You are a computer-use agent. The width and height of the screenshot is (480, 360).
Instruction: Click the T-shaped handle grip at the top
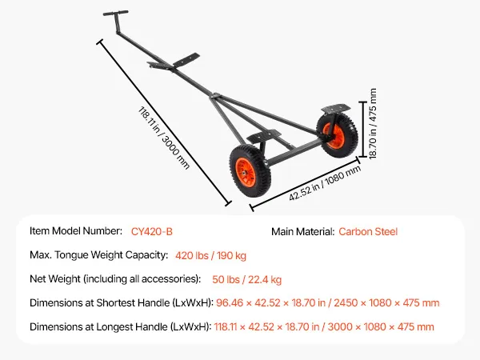pyautogui.click(x=115, y=13)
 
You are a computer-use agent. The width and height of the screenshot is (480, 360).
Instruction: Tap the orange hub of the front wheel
pyautogui.click(x=246, y=172)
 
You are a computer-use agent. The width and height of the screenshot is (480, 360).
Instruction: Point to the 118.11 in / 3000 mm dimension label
pyautogui.click(x=164, y=138)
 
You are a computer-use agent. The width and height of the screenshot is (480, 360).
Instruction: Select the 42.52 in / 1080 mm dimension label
pyautogui.click(x=325, y=183)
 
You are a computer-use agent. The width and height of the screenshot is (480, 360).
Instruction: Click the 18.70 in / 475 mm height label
pyautogui.click(x=372, y=124)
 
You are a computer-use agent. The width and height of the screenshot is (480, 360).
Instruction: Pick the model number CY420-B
pyautogui.click(x=152, y=231)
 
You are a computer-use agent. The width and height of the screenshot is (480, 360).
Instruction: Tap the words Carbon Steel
pyautogui.click(x=368, y=231)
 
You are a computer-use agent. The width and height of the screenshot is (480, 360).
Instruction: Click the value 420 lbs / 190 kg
pyautogui.click(x=210, y=255)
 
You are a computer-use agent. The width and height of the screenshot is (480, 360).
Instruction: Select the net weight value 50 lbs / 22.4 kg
pyautogui.click(x=246, y=279)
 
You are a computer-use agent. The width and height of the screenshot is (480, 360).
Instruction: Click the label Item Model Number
pyautogui.click(x=76, y=231)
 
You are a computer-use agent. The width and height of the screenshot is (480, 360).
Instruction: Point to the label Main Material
pyautogui.click(x=302, y=231)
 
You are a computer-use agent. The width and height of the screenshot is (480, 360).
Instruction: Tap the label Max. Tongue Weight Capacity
pyautogui.click(x=99, y=255)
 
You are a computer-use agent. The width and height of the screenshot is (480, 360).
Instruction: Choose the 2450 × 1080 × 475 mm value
pyautogui.click(x=386, y=302)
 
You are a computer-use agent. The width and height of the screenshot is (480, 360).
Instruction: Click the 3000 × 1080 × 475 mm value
pyautogui.click(x=381, y=326)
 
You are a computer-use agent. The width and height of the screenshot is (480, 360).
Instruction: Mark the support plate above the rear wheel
pyautogui.click(x=336, y=108)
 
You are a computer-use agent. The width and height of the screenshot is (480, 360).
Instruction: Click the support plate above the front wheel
pyautogui.click(x=263, y=136)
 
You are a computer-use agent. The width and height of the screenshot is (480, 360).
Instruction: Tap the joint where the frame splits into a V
pyautogui.click(x=215, y=96)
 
